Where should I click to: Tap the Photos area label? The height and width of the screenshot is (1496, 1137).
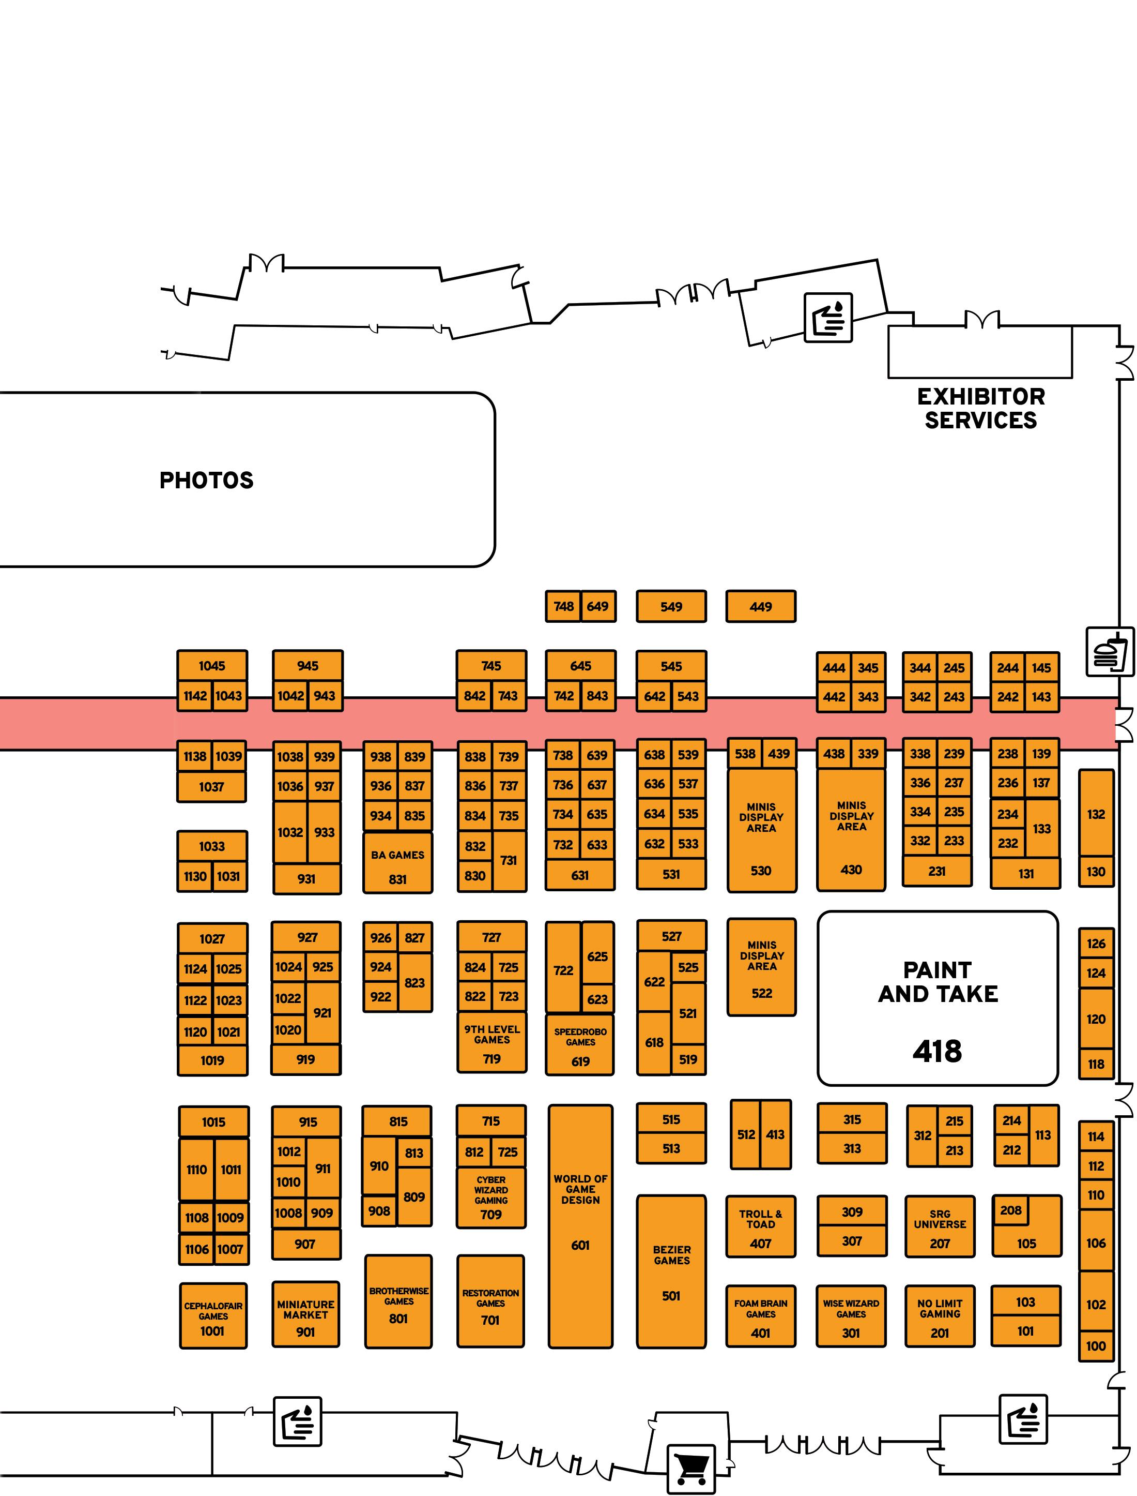tap(206, 480)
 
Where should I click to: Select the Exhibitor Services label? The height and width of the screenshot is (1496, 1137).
tap(981, 408)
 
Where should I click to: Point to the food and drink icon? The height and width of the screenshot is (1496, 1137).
tap(1110, 652)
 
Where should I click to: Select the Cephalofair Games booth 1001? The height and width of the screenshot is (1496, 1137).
tap(213, 1316)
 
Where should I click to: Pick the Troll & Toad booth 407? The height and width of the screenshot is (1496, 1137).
tap(761, 1227)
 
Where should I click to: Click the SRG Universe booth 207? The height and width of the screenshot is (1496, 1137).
tap(940, 1227)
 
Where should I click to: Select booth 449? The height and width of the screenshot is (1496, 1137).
tap(761, 607)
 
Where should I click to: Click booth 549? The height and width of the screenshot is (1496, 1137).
tap(671, 607)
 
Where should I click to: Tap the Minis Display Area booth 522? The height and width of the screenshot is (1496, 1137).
tap(761, 968)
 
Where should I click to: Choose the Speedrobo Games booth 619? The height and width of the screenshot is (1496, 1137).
tap(580, 1045)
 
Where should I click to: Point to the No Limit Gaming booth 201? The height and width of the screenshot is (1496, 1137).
tap(940, 1317)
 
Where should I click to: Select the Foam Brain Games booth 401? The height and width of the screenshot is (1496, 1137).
tap(761, 1317)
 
